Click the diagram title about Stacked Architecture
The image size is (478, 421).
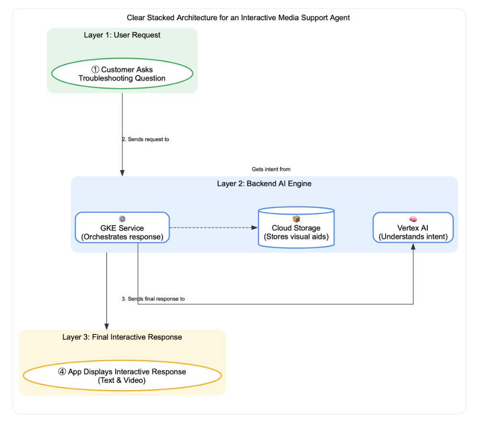point(238,18)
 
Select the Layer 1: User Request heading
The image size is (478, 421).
point(122,35)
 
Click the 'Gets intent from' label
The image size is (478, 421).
point(271,169)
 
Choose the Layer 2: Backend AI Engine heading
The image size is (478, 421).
point(264,183)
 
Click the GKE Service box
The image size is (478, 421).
point(122,228)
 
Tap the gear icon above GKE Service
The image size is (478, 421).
point(122,219)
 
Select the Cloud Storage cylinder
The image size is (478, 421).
point(296,228)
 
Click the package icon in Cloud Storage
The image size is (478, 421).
point(296,219)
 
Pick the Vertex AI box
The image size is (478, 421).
point(413,228)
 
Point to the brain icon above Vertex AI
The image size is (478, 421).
point(413,219)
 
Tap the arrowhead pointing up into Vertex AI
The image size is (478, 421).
point(413,246)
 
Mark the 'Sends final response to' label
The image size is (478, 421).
point(153,299)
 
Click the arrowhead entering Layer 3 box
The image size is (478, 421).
point(107,327)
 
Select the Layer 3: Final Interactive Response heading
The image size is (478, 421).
point(122,337)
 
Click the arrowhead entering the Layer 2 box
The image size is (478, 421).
point(122,173)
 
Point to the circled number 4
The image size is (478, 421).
point(62,372)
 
